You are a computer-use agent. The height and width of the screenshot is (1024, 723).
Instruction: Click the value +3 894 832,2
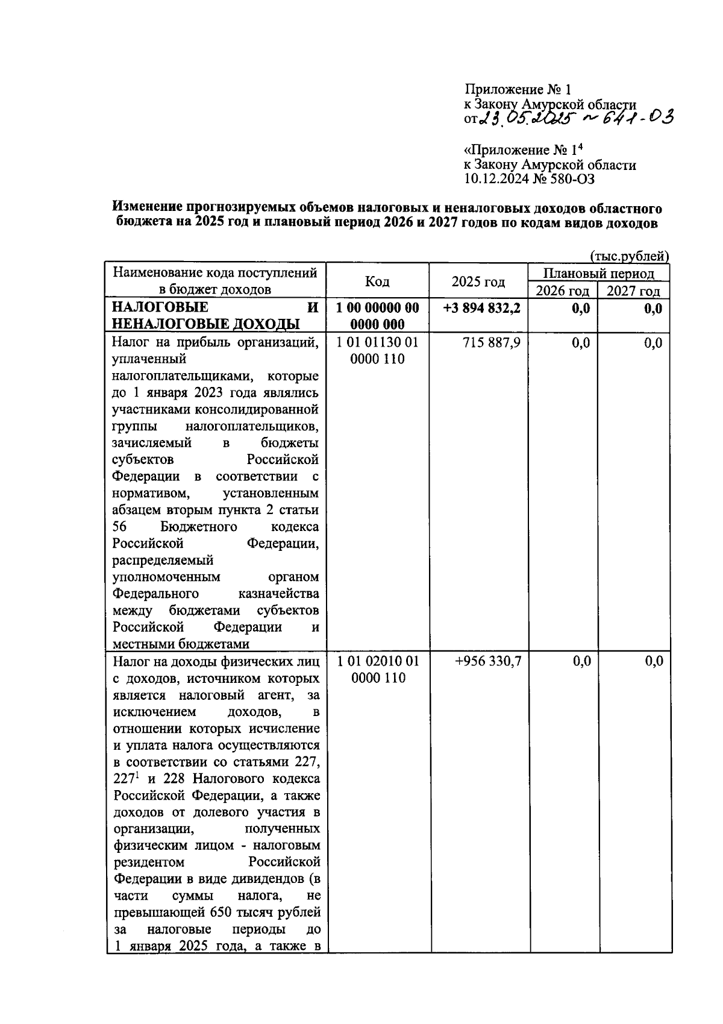click(481, 309)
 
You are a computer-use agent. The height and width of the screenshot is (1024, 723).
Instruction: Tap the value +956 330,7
click(488, 661)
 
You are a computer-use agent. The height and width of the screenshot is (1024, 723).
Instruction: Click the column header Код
click(377, 281)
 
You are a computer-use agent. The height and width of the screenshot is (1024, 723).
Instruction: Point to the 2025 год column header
click(478, 281)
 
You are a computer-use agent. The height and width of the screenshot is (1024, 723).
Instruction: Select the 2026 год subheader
click(562, 291)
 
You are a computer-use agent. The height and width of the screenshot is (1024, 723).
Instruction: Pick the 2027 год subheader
click(633, 291)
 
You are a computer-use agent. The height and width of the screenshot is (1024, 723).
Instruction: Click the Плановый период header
click(598, 274)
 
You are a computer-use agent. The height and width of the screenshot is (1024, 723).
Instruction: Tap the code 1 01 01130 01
click(378, 343)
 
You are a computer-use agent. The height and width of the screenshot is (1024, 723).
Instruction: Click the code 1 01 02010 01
click(378, 661)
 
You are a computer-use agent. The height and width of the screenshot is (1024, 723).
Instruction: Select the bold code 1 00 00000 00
click(378, 309)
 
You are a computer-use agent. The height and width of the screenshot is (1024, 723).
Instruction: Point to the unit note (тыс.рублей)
click(630, 256)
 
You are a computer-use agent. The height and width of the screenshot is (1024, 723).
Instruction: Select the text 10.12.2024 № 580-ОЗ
click(530, 178)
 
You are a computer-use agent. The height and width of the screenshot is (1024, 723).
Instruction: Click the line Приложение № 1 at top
click(517, 90)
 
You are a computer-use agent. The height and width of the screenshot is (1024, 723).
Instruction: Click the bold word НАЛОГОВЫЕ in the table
click(160, 309)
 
